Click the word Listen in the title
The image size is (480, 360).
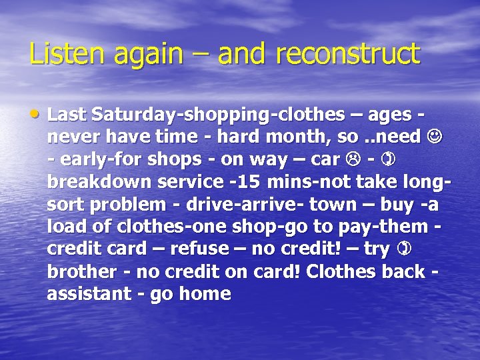[x=59, y=54]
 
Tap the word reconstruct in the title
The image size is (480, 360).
[x=353, y=54]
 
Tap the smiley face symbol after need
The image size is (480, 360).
[x=434, y=137]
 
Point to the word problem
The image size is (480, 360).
[x=122, y=204]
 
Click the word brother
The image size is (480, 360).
[x=79, y=272]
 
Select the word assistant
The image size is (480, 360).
[x=87, y=294]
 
